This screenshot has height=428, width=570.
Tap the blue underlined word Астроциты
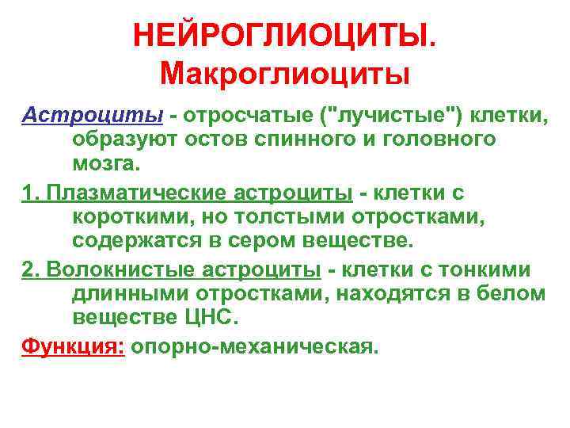click(x=91, y=116)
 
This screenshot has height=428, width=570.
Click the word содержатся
click(x=139, y=241)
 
